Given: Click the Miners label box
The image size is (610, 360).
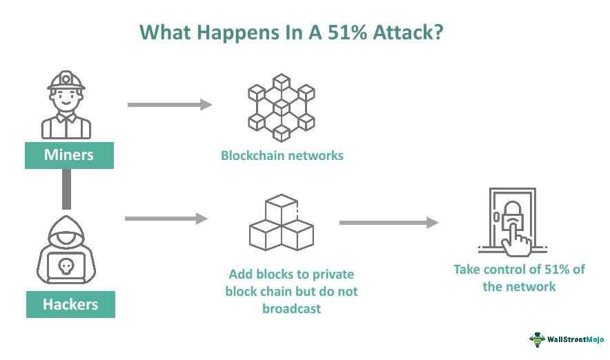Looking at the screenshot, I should click(69, 154).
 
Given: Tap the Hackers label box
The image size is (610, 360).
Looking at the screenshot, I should click(70, 303).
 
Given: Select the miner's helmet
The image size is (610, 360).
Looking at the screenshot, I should click(66, 81).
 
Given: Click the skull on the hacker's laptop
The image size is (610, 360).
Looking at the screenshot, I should click(66, 265).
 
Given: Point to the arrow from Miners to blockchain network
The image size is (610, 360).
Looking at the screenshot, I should click(169, 105).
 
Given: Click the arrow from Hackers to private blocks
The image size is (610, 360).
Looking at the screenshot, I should click(166, 219).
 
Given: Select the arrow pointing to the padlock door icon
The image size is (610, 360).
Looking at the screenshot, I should click(388, 223).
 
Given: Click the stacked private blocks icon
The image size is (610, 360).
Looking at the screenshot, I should click(281, 222).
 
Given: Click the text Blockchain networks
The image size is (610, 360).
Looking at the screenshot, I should click(282, 155).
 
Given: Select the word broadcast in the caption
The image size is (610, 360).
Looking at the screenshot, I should click(291, 308).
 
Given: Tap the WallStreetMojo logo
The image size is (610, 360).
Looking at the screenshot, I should click(567, 339).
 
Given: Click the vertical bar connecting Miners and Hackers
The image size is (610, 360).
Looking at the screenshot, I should click(67, 189).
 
